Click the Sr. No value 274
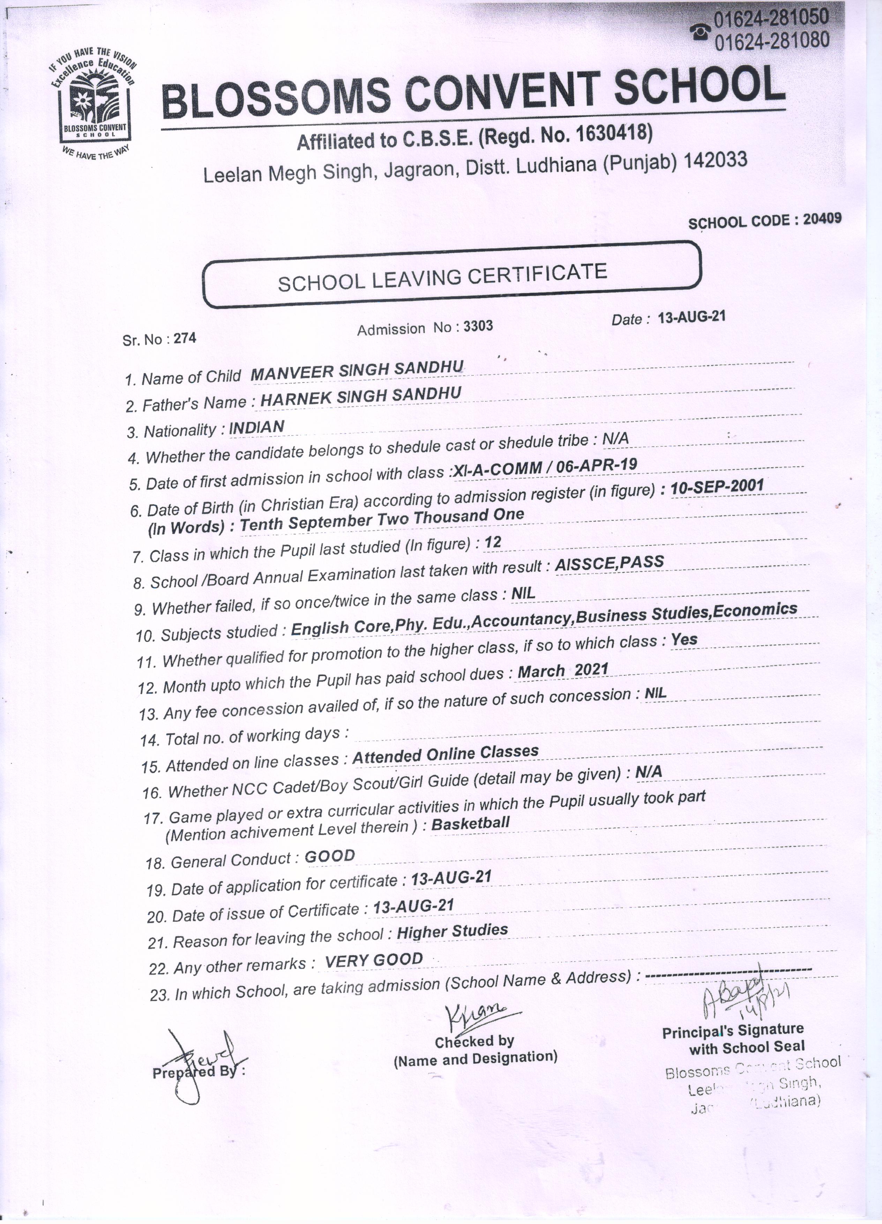[185, 339]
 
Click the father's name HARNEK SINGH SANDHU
[360, 397]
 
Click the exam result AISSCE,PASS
[609, 563]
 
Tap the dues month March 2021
[563, 671]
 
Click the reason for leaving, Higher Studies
[452, 931]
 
